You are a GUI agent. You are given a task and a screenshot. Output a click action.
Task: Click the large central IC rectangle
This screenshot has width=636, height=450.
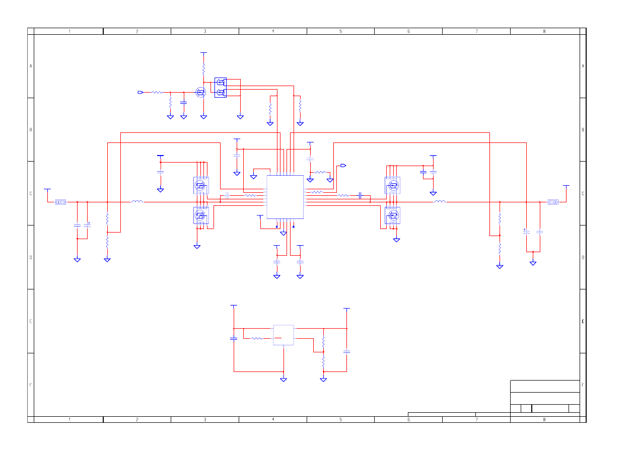point(285,197)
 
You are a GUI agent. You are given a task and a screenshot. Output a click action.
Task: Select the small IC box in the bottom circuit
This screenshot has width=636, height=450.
point(284,335)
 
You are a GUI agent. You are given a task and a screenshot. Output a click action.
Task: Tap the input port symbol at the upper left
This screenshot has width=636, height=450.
point(140,93)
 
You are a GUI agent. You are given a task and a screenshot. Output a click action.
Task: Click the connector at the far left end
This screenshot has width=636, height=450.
point(60,202)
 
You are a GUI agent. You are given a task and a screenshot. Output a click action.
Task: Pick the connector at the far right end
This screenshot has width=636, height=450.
point(553,202)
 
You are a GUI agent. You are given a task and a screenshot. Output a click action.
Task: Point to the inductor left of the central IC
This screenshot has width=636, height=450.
point(137,201)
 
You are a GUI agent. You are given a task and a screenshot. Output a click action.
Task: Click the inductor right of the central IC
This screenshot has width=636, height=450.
point(441,201)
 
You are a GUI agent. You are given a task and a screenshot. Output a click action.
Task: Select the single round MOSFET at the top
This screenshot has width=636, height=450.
point(201,93)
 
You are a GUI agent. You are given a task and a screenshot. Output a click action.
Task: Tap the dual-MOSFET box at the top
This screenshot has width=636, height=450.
point(221,88)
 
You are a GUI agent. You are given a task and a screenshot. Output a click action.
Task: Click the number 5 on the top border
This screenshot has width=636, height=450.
point(341,31)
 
